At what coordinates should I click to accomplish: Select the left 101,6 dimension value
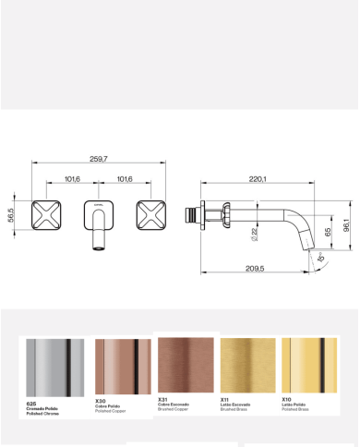71,178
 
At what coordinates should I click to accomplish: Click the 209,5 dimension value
256,268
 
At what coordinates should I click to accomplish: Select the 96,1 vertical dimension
344,225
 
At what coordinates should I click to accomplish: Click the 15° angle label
319,261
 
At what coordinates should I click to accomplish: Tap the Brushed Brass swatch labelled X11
247,365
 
